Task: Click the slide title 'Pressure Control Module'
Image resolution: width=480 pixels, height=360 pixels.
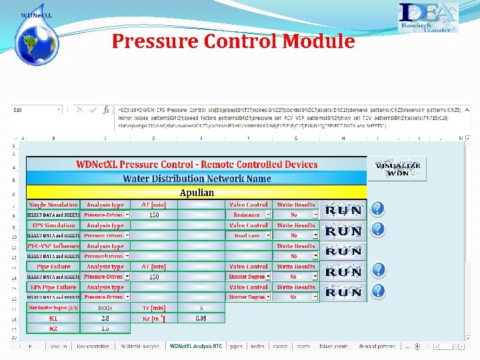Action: [x=233, y=41]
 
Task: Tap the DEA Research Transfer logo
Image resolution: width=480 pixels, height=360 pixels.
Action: [x=427, y=18]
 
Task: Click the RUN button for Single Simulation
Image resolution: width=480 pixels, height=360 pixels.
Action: [x=343, y=211]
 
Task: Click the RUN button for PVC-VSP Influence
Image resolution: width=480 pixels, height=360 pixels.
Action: [x=343, y=251]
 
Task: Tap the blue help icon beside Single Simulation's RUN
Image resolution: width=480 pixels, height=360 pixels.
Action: [x=377, y=209]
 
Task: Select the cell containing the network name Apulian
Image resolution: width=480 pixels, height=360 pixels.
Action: [x=197, y=193]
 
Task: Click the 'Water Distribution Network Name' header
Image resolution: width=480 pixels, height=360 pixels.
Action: [x=197, y=179]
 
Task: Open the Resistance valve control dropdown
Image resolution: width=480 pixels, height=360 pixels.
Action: [x=269, y=215]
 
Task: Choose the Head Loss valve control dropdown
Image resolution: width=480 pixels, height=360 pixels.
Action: [x=269, y=235]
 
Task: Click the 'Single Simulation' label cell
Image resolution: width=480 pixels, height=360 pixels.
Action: [x=53, y=205]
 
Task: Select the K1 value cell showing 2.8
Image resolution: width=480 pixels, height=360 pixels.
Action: [x=105, y=319]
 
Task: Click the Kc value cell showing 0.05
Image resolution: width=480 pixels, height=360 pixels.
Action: [x=201, y=319]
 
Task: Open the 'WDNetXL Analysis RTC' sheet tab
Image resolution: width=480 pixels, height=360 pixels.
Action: [x=195, y=347]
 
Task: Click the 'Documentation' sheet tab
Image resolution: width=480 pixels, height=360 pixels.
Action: [x=93, y=347]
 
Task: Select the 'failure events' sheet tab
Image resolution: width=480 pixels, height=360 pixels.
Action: [x=333, y=347]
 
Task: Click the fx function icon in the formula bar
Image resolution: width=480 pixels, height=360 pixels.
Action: [x=106, y=110]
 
